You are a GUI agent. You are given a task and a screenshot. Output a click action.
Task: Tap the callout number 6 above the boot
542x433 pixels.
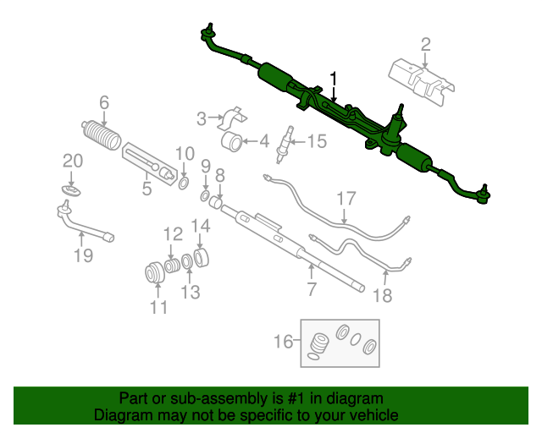(104, 102)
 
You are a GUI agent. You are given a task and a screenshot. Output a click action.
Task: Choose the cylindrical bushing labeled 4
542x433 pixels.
(233, 141)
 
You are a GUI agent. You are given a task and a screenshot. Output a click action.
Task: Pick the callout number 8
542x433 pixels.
(220, 176)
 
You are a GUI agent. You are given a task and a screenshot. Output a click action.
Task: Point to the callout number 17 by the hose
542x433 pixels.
(346, 200)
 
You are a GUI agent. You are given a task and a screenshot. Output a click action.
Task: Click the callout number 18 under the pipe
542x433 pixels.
(384, 295)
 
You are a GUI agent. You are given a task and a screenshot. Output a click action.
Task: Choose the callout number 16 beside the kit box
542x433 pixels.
(282, 342)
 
